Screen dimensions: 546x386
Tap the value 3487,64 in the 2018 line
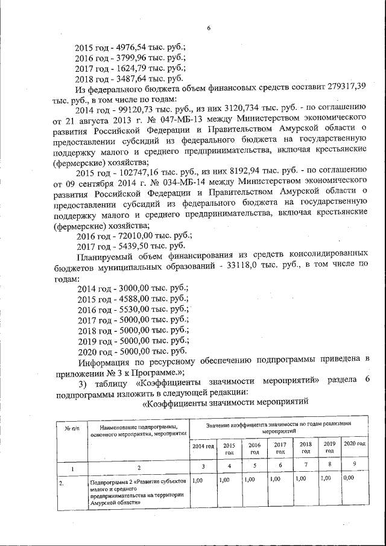point(134,79)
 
